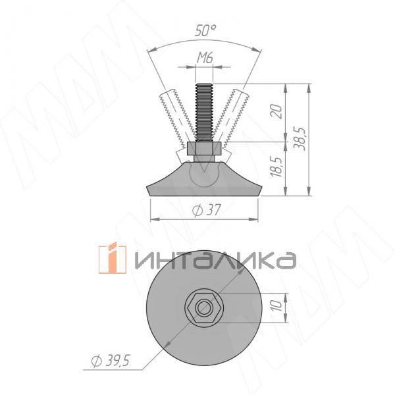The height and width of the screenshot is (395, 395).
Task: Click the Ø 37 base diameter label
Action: point(205,211)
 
